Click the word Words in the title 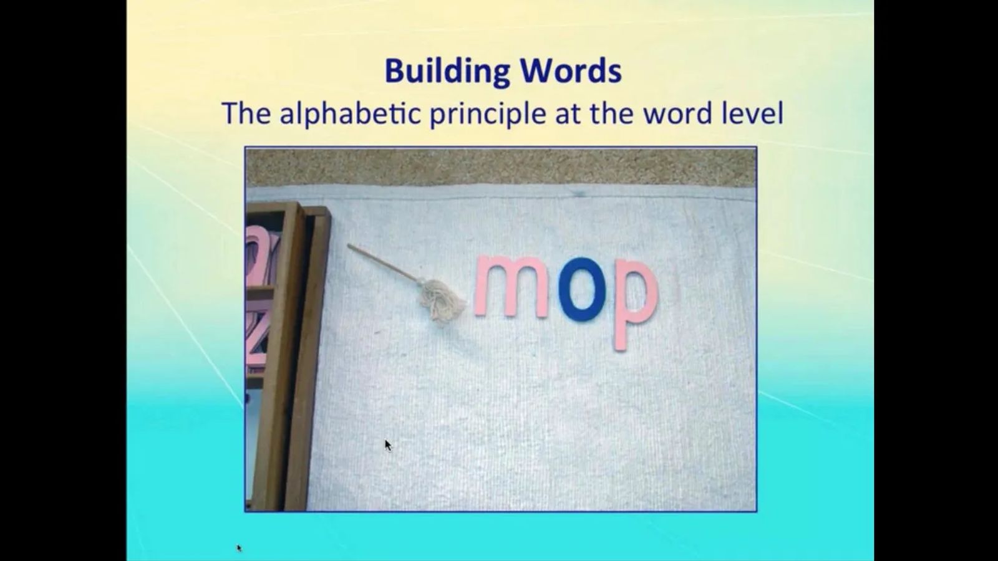pyautogui.click(x=571, y=71)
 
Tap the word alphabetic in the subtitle pyautogui.click(x=350, y=114)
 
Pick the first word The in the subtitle pyautogui.click(x=246, y=113)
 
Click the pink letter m pyautogui.click(x=511, y=287)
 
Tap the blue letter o pyautogui.click(x=582, y=289)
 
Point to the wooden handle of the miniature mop pyautogui.click(x=382, y=262)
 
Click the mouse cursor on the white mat pyautogui.click(x=387, y=445)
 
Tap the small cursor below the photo pyautogui.click(x=239, y=548)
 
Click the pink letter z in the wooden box pyautogui.click(x=258, y=334)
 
